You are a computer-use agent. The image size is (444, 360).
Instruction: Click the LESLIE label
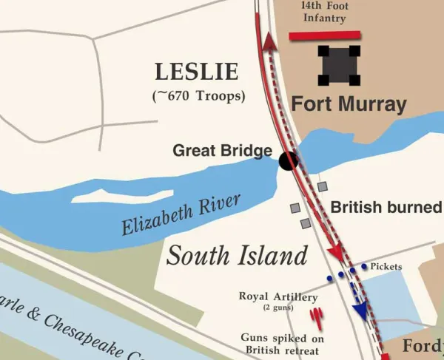[197, 72]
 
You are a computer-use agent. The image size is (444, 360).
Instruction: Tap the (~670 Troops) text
[198, 95]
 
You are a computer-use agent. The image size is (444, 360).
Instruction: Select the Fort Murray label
[349, 104]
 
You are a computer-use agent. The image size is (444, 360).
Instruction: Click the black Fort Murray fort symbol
[340, 65]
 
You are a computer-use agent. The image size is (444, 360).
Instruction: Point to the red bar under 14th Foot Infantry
[324, 35]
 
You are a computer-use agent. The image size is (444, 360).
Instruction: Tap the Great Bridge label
[222, 151]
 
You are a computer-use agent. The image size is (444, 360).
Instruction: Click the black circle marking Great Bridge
[288, 159]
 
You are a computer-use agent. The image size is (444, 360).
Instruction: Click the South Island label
[236, 256]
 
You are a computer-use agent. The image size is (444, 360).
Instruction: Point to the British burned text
[385, 208]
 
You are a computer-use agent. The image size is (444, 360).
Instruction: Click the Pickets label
[386, 266]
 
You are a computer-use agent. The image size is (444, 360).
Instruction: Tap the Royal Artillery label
[278, 297]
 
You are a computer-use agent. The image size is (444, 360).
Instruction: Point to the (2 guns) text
[278, 308]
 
